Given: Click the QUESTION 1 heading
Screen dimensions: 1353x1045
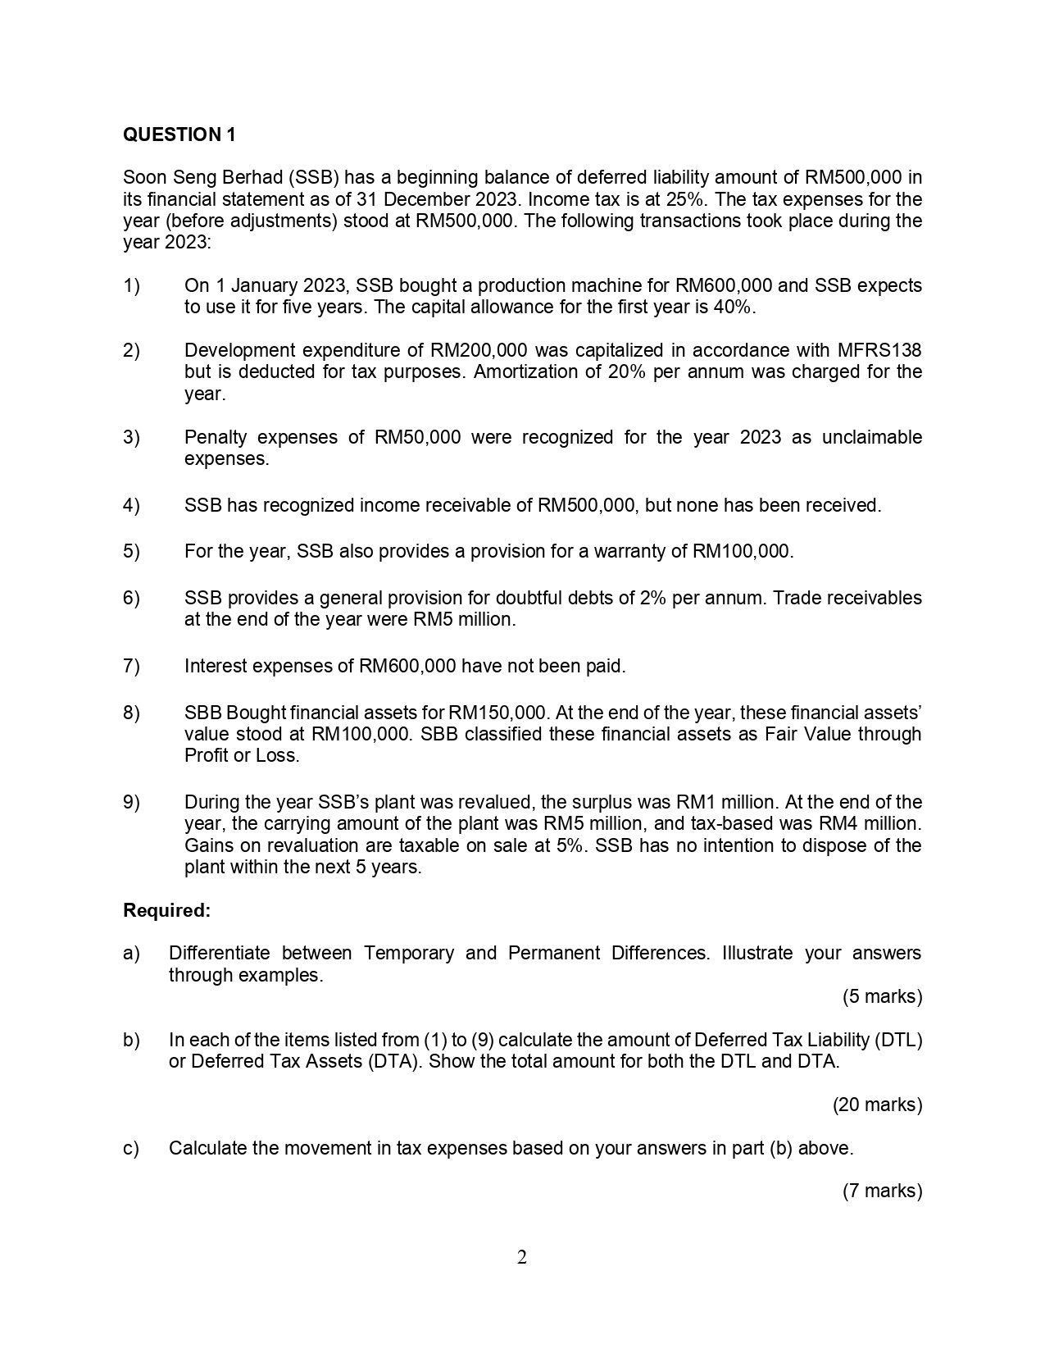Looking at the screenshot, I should click(179, 135).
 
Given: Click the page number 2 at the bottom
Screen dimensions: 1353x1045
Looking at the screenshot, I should click(522, 1257).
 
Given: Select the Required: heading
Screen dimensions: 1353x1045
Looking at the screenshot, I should click(166, 910).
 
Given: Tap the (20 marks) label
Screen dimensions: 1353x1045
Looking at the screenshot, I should click(877, 1105).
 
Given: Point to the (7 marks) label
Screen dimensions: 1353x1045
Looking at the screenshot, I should click(882, 1191).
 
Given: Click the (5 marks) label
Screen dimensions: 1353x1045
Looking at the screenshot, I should click(882, 996).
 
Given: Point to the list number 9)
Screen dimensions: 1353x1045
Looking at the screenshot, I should click(131, 802).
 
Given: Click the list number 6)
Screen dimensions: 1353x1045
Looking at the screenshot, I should click(131, 598).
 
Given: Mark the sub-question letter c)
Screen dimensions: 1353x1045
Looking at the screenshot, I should click(131, 1148).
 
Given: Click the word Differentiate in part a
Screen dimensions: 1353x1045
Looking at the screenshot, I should click(219, 953).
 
